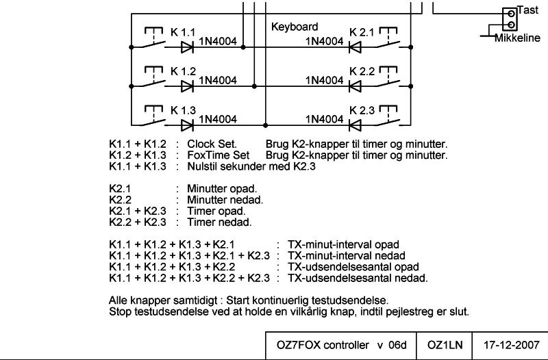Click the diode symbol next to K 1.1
click(x=187, y=47)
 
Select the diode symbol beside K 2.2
click(x=355, y=86)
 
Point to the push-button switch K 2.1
click(x=388, y=38)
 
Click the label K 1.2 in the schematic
click(x=183, y=71)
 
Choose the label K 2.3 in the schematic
click(x=362, y=110)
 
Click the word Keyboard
click(x=295, y=27)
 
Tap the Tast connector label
click(x=527, y=10)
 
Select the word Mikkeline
click(x=517, y=38)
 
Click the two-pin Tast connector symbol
click(x=510, y=19)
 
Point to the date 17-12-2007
click(x=511, y=346)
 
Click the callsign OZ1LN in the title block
click(x=445, y=346)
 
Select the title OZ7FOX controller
click(x=323, y=346)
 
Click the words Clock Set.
click(x=212, y=144)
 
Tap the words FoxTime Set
click(x=219, y=155)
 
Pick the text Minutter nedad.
click(x=225, y=200)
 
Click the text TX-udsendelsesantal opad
click(x=353, y=267)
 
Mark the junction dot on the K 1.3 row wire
click(x=266, y=125)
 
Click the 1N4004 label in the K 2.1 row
click(x=325, y=41)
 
